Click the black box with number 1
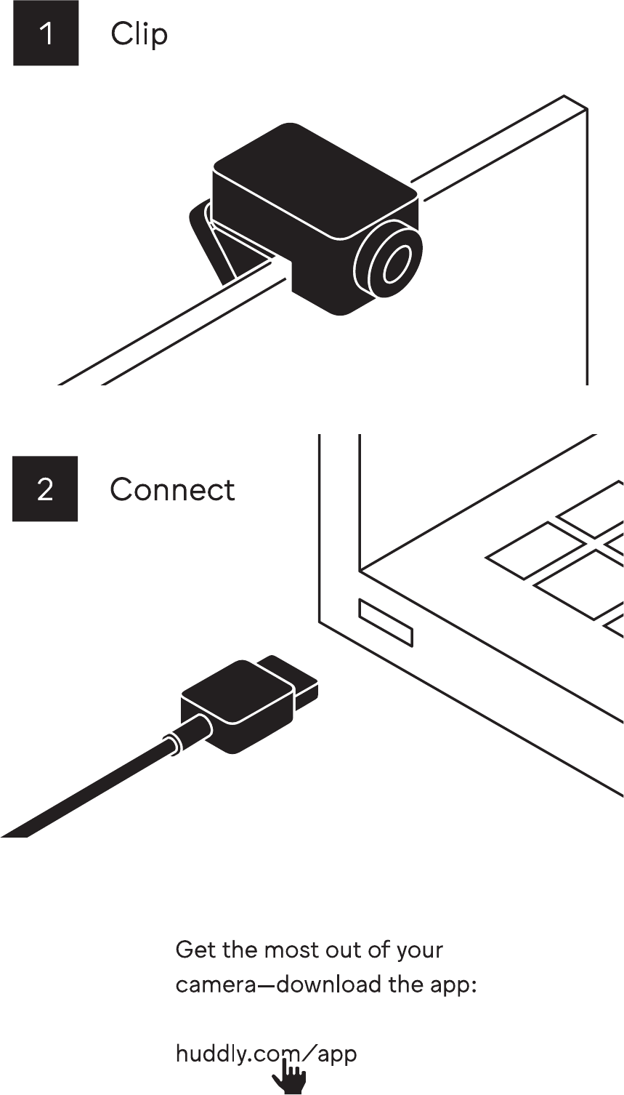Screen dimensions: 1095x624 tap(45, 33)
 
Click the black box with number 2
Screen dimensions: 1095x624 tap(44, 489)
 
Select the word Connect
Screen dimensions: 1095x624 tap(172, 489)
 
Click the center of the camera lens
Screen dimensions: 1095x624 tap(393, 263)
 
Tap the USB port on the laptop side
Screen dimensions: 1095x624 tap(386, 622)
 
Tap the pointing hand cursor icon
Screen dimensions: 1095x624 tap(290, 1077)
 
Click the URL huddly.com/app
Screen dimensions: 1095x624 tap(266, 1054)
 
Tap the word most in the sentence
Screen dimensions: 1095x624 tap(286, 950)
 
